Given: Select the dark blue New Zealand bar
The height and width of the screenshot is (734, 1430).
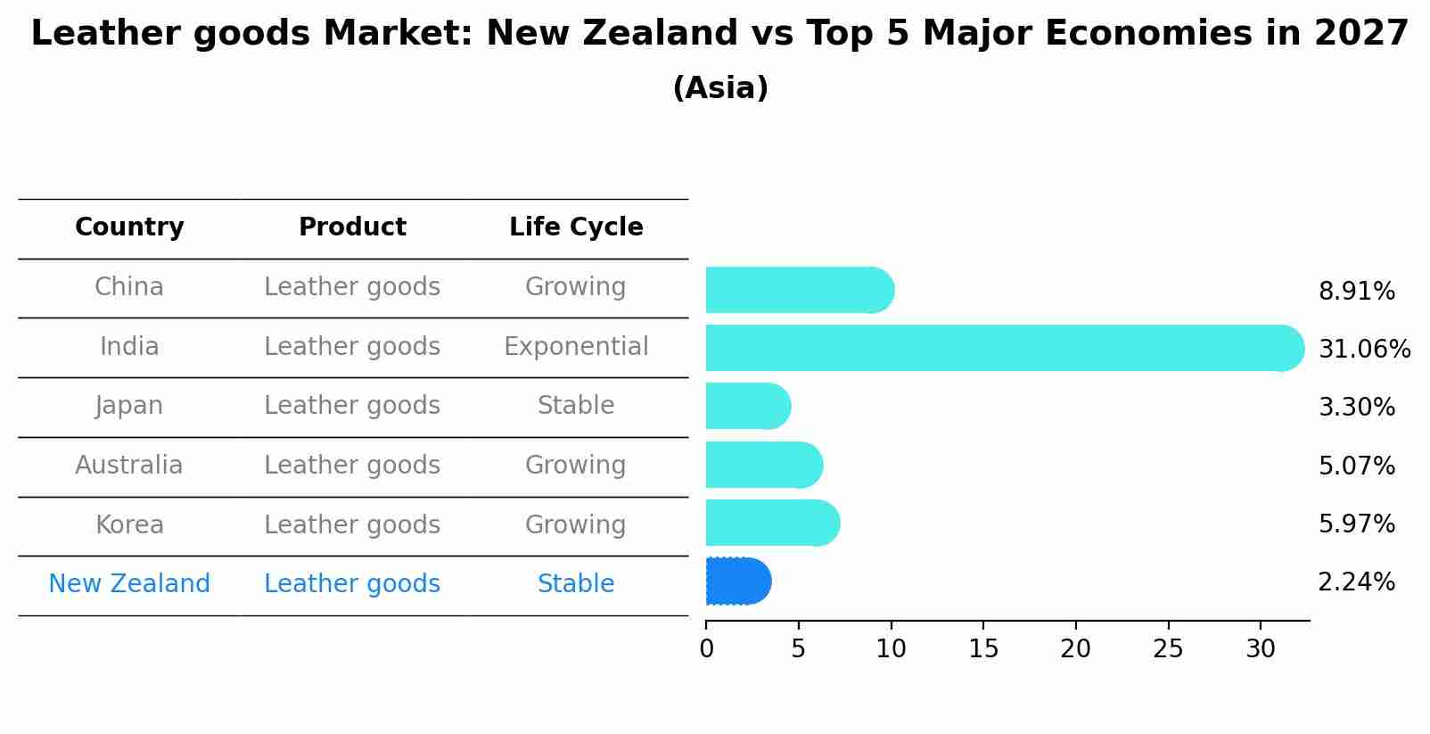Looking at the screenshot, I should pyautogui.click(x=737, y=581).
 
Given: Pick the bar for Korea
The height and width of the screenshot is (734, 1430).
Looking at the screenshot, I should pyautogui.click(x=772, y=523).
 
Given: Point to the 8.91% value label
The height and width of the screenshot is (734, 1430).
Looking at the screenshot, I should pyautogui.click(x=1356, y=292).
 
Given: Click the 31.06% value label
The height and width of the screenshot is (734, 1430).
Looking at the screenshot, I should pyautogui.click(x=1364, y=349).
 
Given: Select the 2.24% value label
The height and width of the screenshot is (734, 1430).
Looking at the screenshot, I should pyautogui.click(x=1356, y=582).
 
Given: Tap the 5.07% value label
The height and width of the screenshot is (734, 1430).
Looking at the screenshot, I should pyautogui.click(x=1356, y=466).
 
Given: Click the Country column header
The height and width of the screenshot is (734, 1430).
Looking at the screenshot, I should pyautogui.click(x=129, y=227).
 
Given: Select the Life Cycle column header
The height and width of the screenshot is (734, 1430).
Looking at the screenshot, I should pyautogui.click(x=576, y=227).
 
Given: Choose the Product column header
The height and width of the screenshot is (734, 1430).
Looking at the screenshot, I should pyautogui.click(x=352, y=227).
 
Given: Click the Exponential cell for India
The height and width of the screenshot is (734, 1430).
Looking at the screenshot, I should pyautogui.click(x=576, y=347).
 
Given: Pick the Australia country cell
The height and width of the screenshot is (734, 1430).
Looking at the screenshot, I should pyautogui.click(x=129, y=466).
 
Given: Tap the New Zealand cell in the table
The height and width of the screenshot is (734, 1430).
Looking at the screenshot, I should pyautogui.click(x=129, y=584).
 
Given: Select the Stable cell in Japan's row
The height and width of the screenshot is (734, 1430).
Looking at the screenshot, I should pyautogui.click(x=576, y=406).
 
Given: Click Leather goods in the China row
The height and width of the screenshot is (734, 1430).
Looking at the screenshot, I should pyautogui.click(x=352, y=287).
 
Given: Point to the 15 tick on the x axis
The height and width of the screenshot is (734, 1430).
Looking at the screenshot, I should pyautogui.click(x=983, y=649).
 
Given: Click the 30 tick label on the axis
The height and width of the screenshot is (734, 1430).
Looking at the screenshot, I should pyautogui.click(x=1261, y=649).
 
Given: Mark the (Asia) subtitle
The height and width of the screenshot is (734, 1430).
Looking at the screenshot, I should pyautogui.click(x=720, y=88).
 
